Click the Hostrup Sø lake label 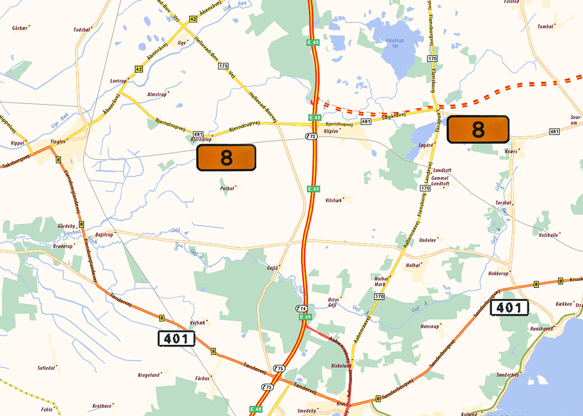[x=395, y=43]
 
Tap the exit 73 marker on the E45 [x=311, y=136]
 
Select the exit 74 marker [x=301, y=308]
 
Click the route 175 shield [x=223, y=66]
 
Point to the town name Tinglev [x=58, y=142]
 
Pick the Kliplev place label [x=331, y=131]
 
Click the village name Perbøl [x=227, y=188]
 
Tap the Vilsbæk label [x=333, y=201]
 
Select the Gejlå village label [x=272, y=268]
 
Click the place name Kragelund [x=149, y=375]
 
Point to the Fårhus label [x=202, y=378]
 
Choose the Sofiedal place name [x=46, y=368]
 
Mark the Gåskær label [x=19, y=28]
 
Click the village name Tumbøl [x=545, y=27]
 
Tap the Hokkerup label [x=498, y=273]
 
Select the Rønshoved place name [x=541, y=329]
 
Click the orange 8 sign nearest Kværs [x=478, y=129]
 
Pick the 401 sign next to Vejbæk [x=176, y=339]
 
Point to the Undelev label [x=427, y=240]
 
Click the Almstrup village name [x=157, y=94]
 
